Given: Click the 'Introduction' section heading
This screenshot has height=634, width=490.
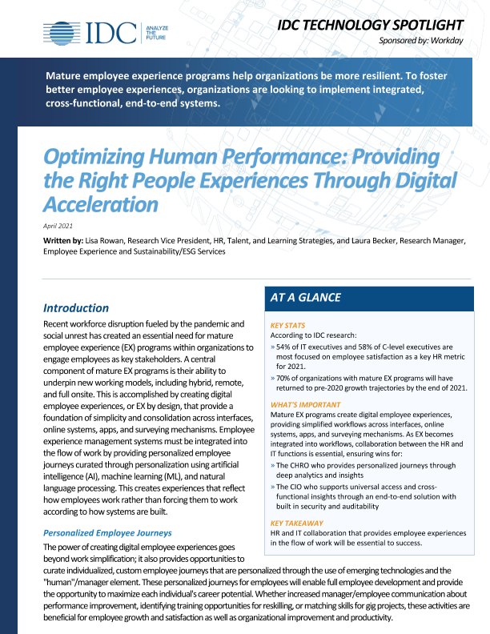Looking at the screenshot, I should (76, 307).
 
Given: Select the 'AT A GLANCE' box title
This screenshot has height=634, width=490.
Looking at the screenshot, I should (306, 297).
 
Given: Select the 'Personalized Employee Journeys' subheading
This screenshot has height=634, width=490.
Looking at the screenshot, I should (108, 532).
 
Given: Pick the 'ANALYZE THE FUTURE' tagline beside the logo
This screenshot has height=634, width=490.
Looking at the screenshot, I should (155, 32).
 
